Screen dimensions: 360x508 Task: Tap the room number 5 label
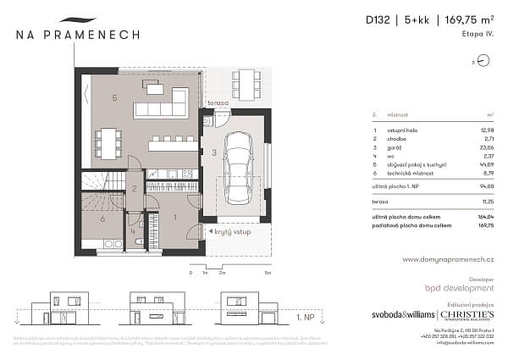[x=113, y=97]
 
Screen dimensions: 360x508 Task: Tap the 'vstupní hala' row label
[x=402, y=130]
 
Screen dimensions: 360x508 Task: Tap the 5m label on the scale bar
[x=268, y=274]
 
